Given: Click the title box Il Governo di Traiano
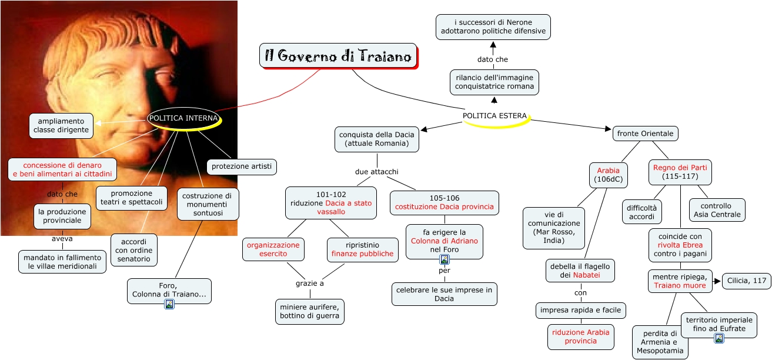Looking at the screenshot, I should [338, 56].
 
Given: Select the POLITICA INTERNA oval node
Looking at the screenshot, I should [183, 118].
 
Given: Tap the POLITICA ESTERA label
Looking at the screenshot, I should [494, 116].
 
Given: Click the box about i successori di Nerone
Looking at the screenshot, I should [493, 27].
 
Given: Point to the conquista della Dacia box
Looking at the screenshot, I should [377, 139].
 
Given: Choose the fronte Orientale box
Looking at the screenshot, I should [645, 134].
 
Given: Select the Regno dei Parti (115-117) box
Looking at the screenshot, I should [680, 172].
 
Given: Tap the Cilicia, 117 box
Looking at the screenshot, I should [746, 281].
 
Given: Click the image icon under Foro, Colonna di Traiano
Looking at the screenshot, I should [169, 304].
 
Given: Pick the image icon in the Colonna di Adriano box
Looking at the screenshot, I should [445, 259].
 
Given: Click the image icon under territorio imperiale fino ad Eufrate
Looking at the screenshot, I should [718, 338].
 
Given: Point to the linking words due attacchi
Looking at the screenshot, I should [377, 172].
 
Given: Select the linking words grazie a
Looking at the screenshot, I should [310, 284].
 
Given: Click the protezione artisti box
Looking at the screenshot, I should [242, 166].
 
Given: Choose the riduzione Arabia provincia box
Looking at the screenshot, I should [581, 336].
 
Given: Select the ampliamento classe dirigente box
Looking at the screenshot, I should [61, 125].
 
